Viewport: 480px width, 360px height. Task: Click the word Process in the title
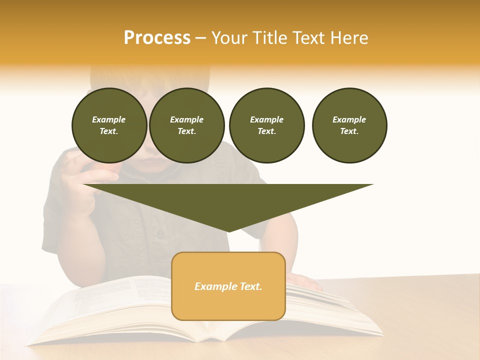(x=157, y=38)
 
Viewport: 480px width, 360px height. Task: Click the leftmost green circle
(x=109, y=125)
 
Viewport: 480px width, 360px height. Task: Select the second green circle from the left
(x=186, y=125)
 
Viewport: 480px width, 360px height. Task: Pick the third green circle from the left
(x=266, y=125)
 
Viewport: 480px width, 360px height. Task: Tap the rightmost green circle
(x=349, y=125)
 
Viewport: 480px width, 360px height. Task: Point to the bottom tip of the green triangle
(x=228, y=231)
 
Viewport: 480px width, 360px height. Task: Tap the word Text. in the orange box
(x=250, y=286)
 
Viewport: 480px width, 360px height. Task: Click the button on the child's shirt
(x=160, y=233)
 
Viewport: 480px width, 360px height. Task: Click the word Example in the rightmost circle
(x=349, y=119)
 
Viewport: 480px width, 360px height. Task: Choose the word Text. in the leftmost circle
(x=109, y=131)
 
